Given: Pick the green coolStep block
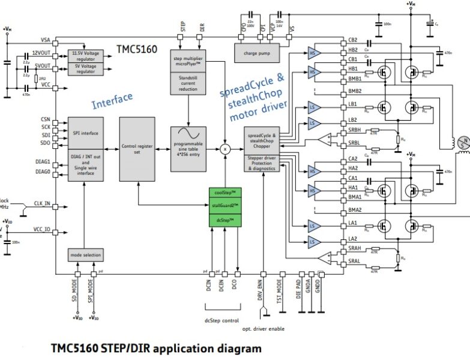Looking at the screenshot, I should coord(224,193).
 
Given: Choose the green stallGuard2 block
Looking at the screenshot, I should coord(224,206).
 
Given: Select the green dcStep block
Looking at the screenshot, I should coord(224,220).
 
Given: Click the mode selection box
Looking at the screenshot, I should coord(84,255).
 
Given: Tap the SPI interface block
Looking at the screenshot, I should coord(84,133).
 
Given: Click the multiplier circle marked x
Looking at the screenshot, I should coord(225,148).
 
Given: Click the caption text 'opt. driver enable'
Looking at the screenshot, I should coord(264,328).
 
